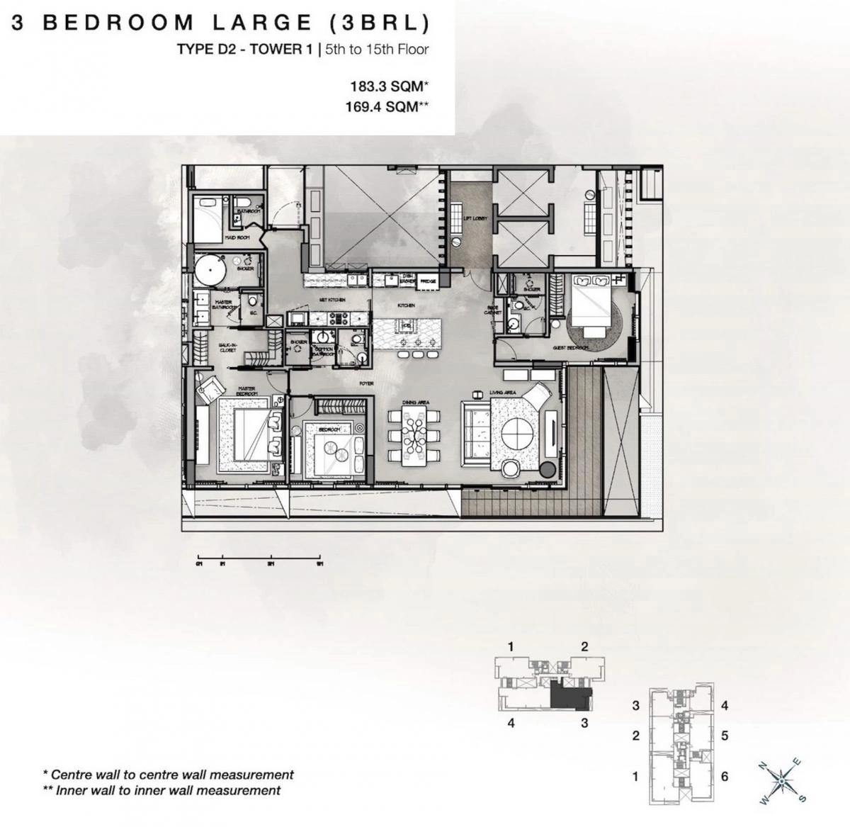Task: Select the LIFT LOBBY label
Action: coord(472,218)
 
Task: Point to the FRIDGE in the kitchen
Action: coord(428,281)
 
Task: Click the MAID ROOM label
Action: coord(236,238)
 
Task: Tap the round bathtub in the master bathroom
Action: coord(209,269)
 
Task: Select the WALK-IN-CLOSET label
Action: coord(227,348)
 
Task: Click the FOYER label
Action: coord(365,383)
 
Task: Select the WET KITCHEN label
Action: coord(331,300)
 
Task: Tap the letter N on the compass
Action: coord(762,765)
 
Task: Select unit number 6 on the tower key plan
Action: coord(724,776)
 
